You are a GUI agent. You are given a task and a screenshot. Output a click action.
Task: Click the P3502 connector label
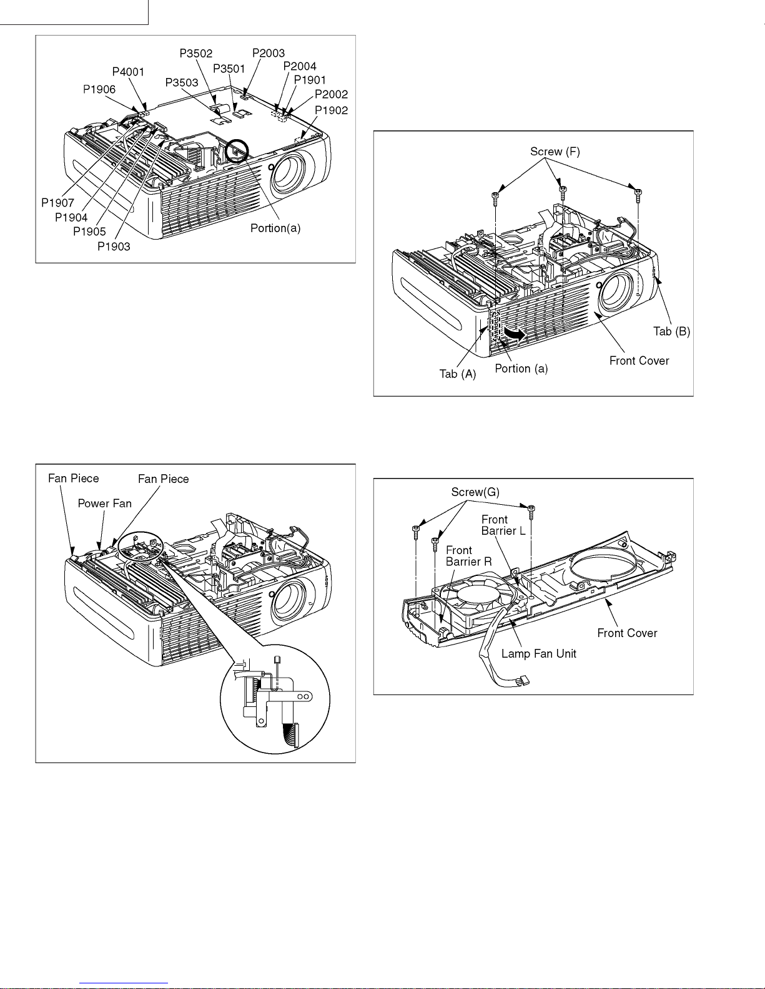196,54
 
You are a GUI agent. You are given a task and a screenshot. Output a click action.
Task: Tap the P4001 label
128,72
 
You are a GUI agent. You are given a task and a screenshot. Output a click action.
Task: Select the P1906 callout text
99,89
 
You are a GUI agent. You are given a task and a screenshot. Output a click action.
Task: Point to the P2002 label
331,94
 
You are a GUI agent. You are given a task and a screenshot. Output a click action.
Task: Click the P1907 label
58,203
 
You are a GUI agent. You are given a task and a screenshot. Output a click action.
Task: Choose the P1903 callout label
114,246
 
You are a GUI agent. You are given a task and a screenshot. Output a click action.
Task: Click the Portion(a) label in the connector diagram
275,228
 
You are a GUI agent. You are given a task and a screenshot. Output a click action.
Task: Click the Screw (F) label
555,152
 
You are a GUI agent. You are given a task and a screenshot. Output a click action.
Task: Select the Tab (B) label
671,331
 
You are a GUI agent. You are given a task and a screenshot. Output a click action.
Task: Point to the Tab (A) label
458,374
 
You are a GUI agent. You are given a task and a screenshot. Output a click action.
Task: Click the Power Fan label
104,504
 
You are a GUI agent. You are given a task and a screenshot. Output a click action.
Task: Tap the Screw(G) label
475,492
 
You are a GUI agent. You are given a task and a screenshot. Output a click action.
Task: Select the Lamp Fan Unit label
539,653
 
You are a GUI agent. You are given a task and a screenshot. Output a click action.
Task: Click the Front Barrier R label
468,556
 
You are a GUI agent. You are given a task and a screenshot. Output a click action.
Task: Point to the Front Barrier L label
503,525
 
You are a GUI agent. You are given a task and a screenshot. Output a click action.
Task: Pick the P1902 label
331,110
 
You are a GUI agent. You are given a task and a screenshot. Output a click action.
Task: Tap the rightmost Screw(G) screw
531,512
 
